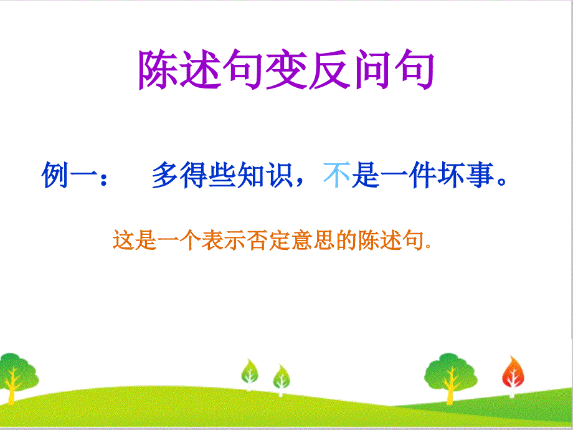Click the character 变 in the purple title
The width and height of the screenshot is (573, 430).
pyautogui.click(x=286, y=69)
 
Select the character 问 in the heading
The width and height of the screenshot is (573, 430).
pyautogui.click(x=372, y=69)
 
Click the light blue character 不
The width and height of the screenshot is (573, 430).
pyautogui.click(x=336, y=175)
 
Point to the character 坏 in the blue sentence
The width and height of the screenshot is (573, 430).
pyautogui.click(x=451, y=175)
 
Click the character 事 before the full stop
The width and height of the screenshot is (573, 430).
pyautogui.click(x=480, y=175)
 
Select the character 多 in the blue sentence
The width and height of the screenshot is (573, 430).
pyautogui.click(x=165, y=175)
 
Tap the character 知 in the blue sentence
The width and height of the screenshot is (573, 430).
pyautogui.click(x=250, y=175)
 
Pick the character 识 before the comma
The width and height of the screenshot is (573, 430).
pyautogui.click(x=279, y=175)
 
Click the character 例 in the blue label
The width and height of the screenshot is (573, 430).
pyautogui.click(x=55, y=175)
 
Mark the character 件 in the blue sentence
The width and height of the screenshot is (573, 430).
pyautogui.click(x=422, y=175)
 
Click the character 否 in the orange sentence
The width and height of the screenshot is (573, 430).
pyautogui.click(x=257, y=240)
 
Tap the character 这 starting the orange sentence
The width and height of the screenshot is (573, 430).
pyautogui.click(x=123, y=240)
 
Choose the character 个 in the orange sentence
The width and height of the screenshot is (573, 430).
pyautogui.click(x=191, y=240)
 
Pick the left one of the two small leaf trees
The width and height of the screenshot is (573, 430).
pyautogui.click(x=250, y=375)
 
